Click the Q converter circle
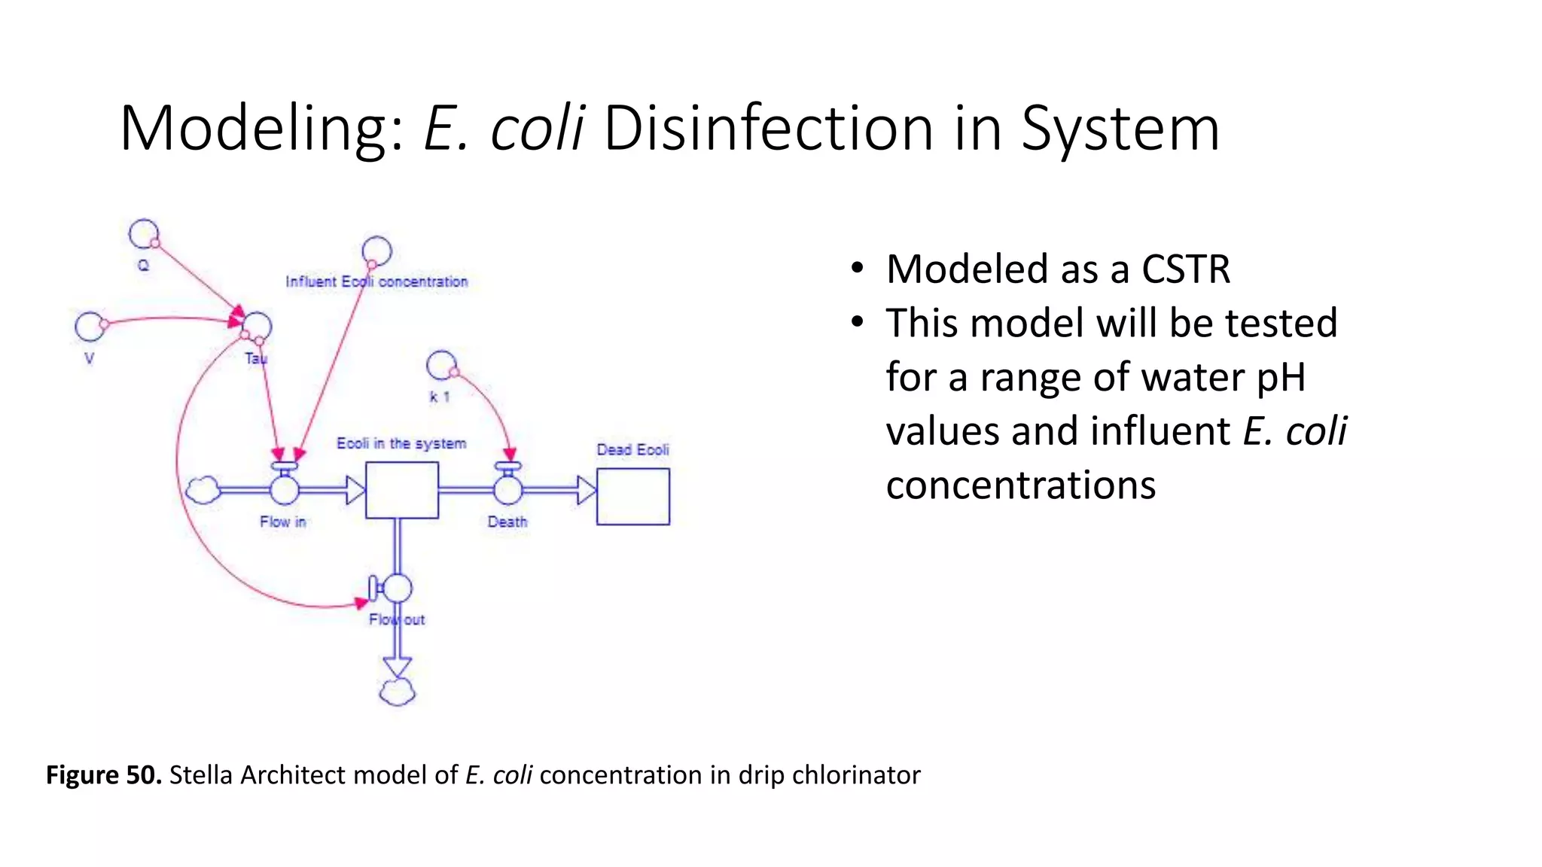tap(143, 234)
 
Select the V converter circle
tap(90, 327)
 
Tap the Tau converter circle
tap(257, 327)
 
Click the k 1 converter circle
tap(441, 366)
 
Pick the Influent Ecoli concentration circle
tap(376, 251)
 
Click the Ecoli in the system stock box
tap(402, 490)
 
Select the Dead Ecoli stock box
tap(633, 496)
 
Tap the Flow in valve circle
tap(285, 489)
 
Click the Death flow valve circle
tap(508, 489)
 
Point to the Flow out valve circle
tap(398, 588)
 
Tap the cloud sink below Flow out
tap(398, 691)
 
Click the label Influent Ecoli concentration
tap(376, 281)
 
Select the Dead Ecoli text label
tap(632, 449)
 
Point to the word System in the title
tap(1120, 129)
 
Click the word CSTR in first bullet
tap(1186, 269)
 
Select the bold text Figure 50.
tap(104, 774)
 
